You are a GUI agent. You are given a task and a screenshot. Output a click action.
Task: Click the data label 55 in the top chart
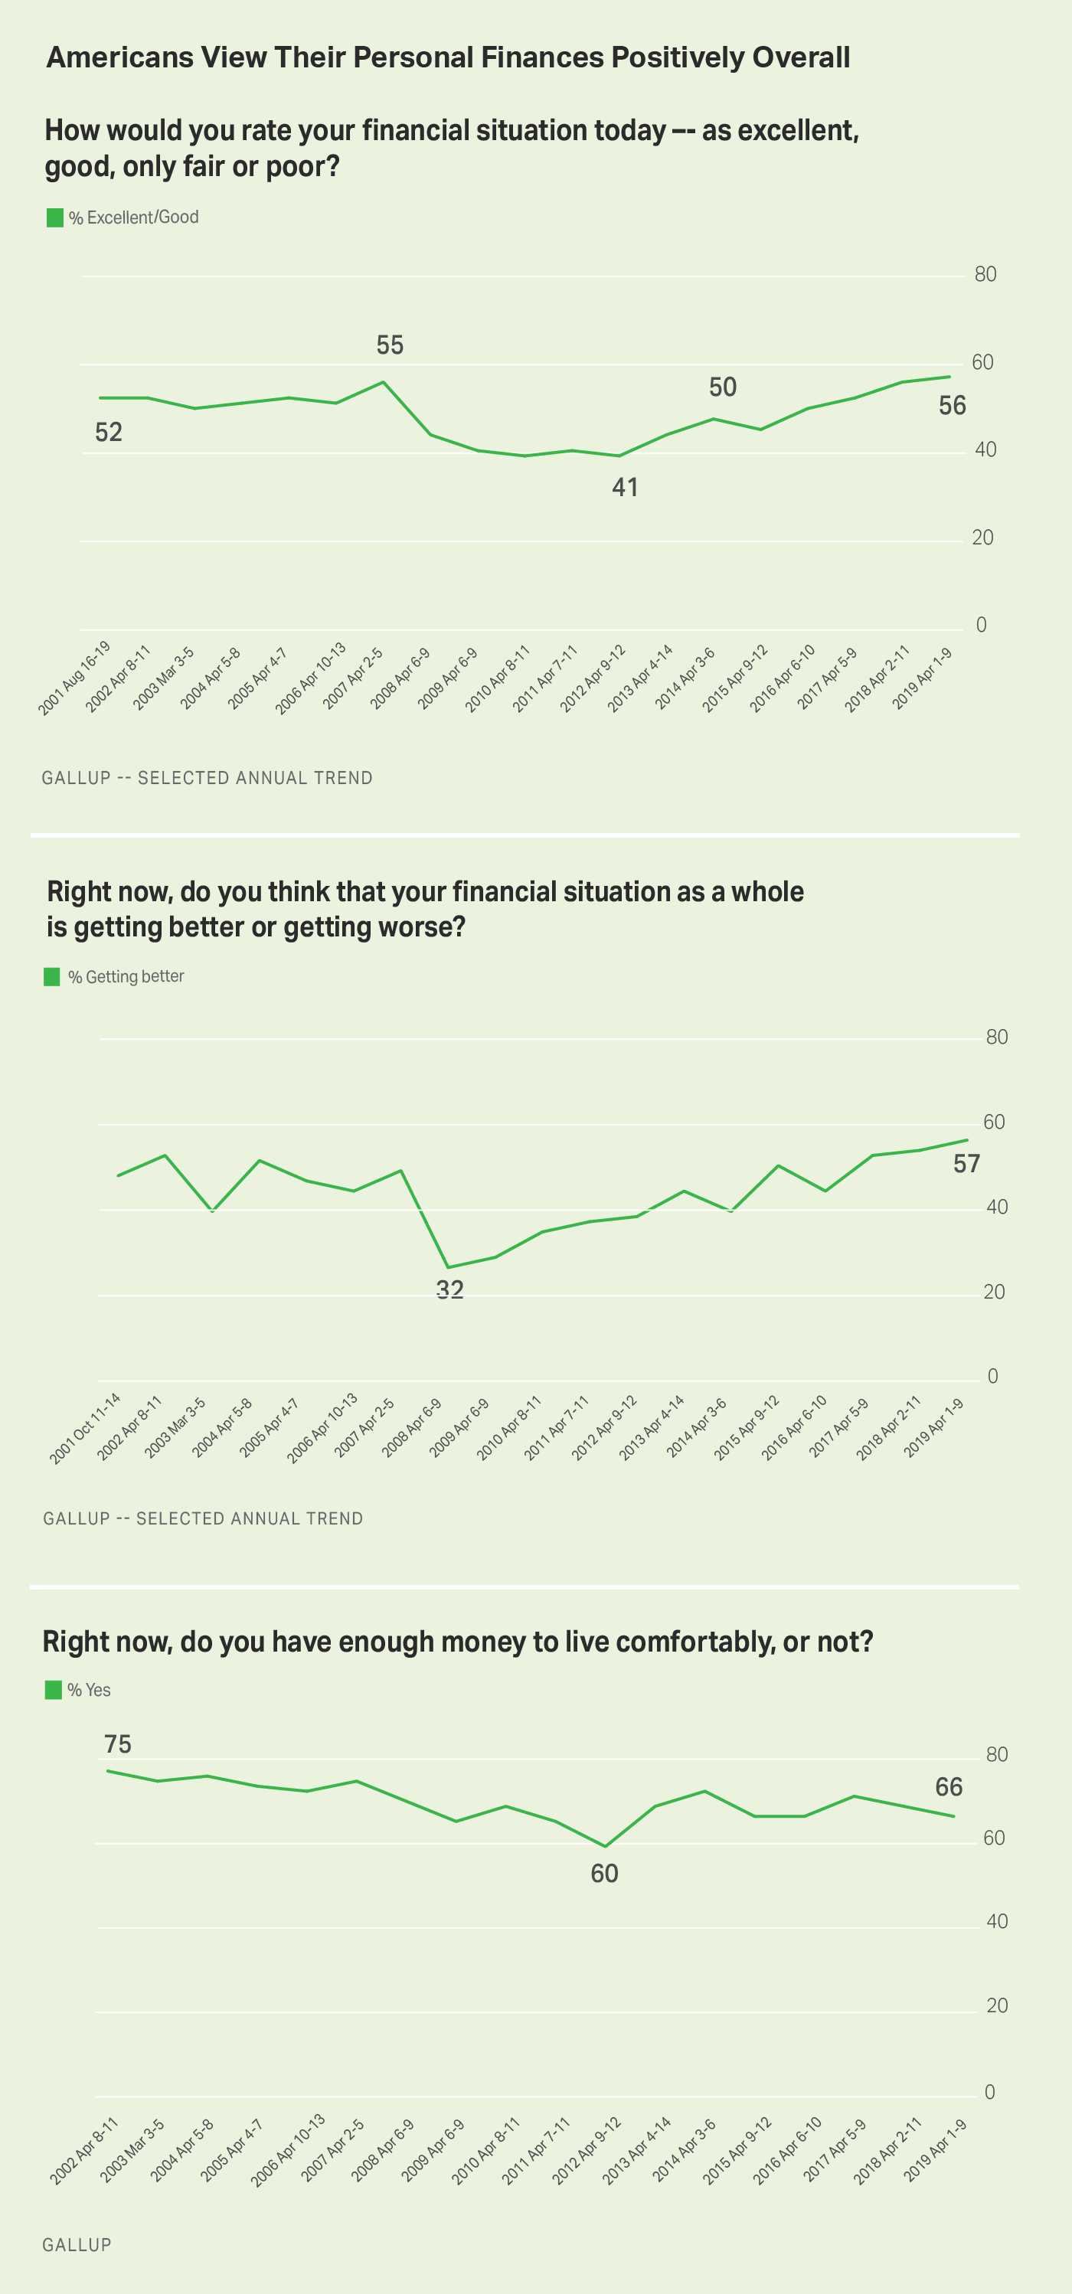coord(390,345)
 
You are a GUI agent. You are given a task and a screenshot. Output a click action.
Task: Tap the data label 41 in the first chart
coord(625,487)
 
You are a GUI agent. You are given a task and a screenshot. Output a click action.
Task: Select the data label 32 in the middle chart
coord(449,1289)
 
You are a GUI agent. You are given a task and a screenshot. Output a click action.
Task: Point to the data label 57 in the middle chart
coord(966,1164)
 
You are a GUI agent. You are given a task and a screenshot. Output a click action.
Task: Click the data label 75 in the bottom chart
coord(117,1743)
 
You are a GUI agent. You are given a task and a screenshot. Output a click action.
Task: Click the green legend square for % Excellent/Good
coord(54,217)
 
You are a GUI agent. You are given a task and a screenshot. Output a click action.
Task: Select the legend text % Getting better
coord(126,977)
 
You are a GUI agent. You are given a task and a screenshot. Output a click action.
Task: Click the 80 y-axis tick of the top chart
coord(985,274)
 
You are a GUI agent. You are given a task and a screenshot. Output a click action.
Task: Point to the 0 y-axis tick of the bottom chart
coord(989,2092)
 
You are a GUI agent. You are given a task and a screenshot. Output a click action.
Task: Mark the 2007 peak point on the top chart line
coord(383,382)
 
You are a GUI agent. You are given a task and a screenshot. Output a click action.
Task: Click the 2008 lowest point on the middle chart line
coord(448,1267)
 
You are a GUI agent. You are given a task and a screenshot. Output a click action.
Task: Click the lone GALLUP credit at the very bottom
coord(77,2245)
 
